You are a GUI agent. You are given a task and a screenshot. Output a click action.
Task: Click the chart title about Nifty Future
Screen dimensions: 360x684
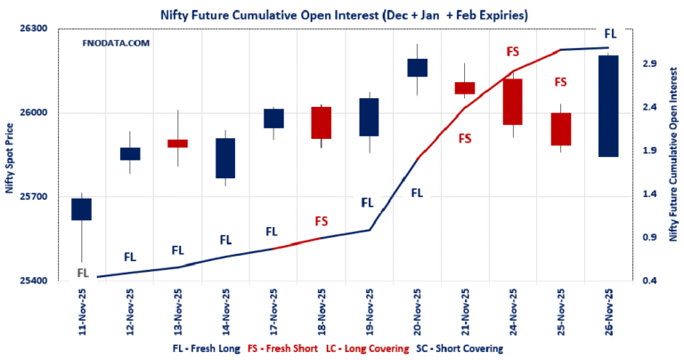pyautogui.click(x=341, y=14)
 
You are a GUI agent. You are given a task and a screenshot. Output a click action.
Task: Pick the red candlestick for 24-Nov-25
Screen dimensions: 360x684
pyautogui.click(x=512, y=102)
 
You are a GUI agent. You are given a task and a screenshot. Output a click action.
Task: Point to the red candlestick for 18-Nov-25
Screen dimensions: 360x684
pyautogui.click(x=321, y=122)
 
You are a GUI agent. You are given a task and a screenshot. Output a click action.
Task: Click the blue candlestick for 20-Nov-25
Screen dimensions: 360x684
pyautogui.click(x=417, y=68)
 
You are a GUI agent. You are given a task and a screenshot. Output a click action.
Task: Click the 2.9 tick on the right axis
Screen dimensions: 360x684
pyautogui.click(x=648, y=64)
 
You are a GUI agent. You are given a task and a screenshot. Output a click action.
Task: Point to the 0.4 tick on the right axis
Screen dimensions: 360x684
pyautogui.click(x=648, y=281)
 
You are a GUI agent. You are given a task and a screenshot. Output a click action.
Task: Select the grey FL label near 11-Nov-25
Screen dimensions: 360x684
pyautogui.click(x=82, y=272)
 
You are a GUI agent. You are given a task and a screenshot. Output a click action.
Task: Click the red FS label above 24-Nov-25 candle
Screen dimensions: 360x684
pyautogui.click(x=512, y=52)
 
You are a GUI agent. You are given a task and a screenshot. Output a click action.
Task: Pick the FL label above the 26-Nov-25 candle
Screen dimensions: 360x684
pyautogui.click(x=610, y=33)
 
